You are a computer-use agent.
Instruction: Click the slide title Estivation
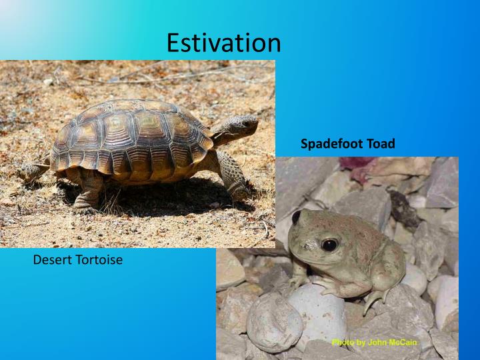(223, 43)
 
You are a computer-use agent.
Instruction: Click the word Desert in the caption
(51, 260)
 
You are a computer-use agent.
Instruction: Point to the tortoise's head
(241, 126)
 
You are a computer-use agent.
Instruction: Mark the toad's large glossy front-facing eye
(329, 245)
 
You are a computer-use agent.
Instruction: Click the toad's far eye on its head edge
(296, 217)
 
